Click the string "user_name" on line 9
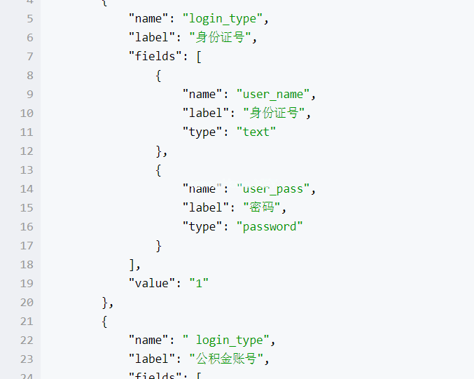[273, 95]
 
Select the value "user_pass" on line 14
[273, 189]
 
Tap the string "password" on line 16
[270, 227]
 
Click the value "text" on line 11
[256, 132]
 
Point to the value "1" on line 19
[199, 284]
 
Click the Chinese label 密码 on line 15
[262, 207]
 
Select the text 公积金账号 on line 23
[226, 359]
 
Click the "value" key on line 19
[152, 284]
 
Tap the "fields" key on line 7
[155, 56]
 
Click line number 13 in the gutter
[27, 170]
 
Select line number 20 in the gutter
[27, 303]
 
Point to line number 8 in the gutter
[30, 76]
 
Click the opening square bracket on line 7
[199, 57]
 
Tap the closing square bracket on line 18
[132, 265]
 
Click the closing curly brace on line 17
[159, 246]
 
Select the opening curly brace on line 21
[104, 322]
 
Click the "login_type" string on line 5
[223, 19]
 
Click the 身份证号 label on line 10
[274, 113]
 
